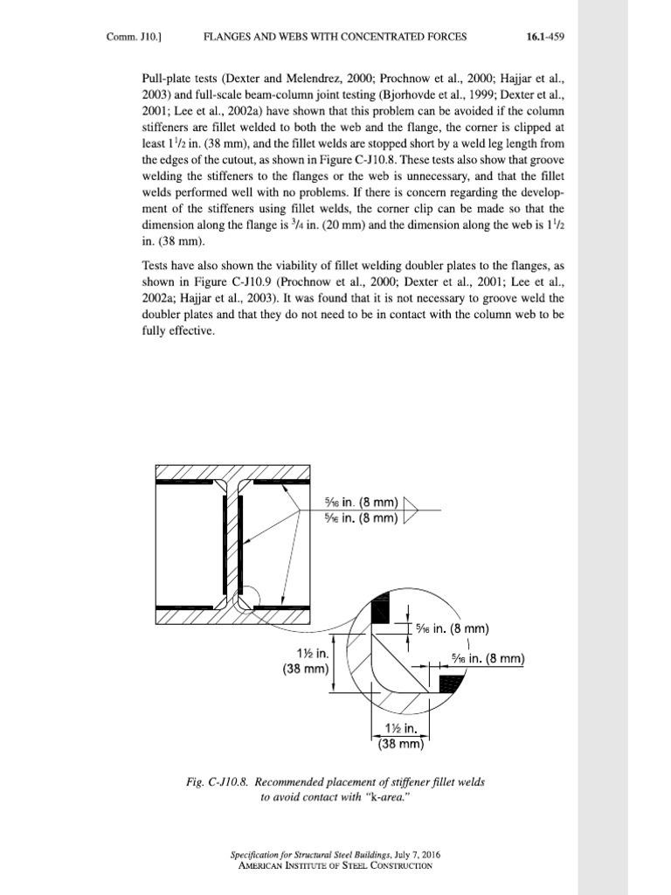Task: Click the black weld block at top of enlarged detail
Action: coord(382,610)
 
